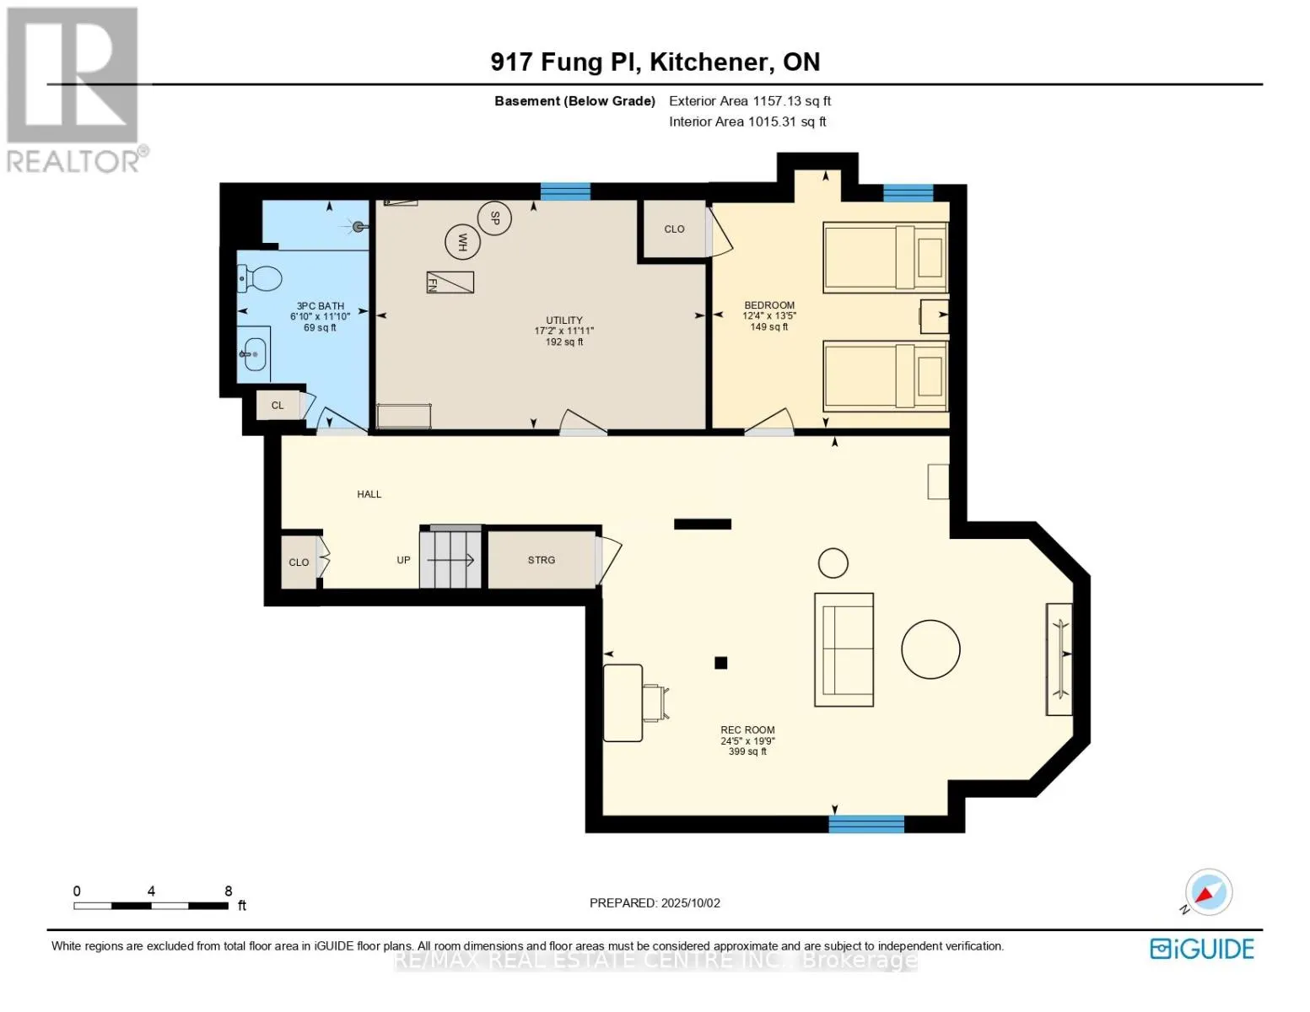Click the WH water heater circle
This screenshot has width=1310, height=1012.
[x=462, y=242]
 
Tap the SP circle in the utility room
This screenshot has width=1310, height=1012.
[x=494, y=218]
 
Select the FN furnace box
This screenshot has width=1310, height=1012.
[x=450, y=282]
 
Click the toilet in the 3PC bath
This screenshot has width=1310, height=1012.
[x=260, y=278]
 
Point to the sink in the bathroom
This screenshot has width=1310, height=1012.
[x=254, y=354]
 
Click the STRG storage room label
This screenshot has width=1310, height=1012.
[x=542, y=560]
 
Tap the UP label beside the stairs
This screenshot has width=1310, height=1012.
[x=403, y=560]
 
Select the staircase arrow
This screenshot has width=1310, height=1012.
[x=450, y=560]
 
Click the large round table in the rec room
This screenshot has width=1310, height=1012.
[x=930, y=649]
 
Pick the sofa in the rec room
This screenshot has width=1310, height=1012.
[x=844, y=649]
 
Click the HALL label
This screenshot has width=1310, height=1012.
[x=369, y=494]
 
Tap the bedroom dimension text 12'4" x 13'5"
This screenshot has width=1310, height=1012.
[x=769, y=316]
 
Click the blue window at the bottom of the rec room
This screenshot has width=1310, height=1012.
[x=866, y=824]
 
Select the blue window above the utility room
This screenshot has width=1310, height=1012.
[x=565, y=191]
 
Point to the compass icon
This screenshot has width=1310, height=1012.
[x=1208, y=892]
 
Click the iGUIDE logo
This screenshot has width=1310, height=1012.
[x=1201, y=949]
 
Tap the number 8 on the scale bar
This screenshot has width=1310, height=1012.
[x=228, y=891]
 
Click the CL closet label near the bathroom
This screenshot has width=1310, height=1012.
[x=278, y=405]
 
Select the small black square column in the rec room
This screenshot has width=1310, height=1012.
[x=720, y=663]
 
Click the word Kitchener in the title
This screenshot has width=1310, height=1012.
[x=709, y=62]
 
